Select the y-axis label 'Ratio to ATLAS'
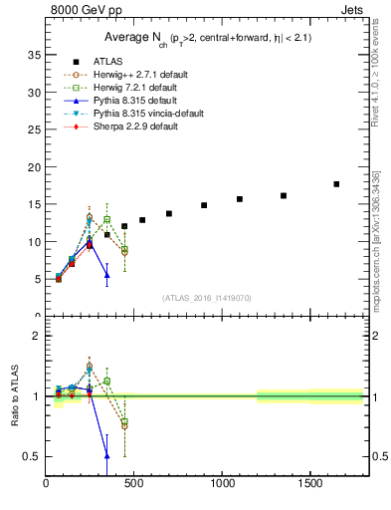pos(15,394)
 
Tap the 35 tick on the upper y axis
pos(33,54)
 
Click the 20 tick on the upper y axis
pos(33,166)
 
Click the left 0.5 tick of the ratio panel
pos(34,456)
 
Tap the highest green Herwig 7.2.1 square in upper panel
pos(106,219)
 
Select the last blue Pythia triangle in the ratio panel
pos(106,456)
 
